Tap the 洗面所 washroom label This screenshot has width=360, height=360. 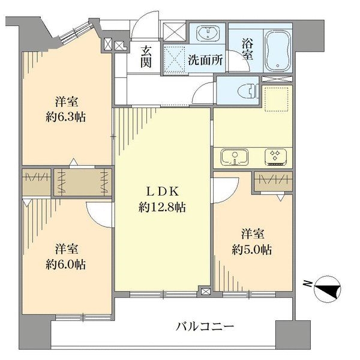[206, 60]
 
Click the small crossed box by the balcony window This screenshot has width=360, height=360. [206, 292]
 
